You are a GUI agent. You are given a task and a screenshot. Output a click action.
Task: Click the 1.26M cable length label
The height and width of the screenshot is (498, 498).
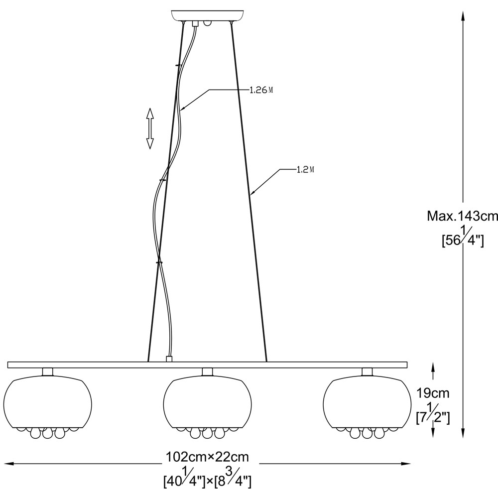[261, 90]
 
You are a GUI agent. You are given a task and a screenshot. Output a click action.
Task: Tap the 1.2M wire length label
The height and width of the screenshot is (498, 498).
[305, 170]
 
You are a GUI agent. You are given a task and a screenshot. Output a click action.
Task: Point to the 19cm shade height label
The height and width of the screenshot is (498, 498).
[433, 393]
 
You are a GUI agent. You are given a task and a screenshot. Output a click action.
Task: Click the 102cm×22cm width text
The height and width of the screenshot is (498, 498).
[208, 457]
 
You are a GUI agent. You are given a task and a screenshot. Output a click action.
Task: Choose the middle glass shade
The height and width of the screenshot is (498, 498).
[207, 403]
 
